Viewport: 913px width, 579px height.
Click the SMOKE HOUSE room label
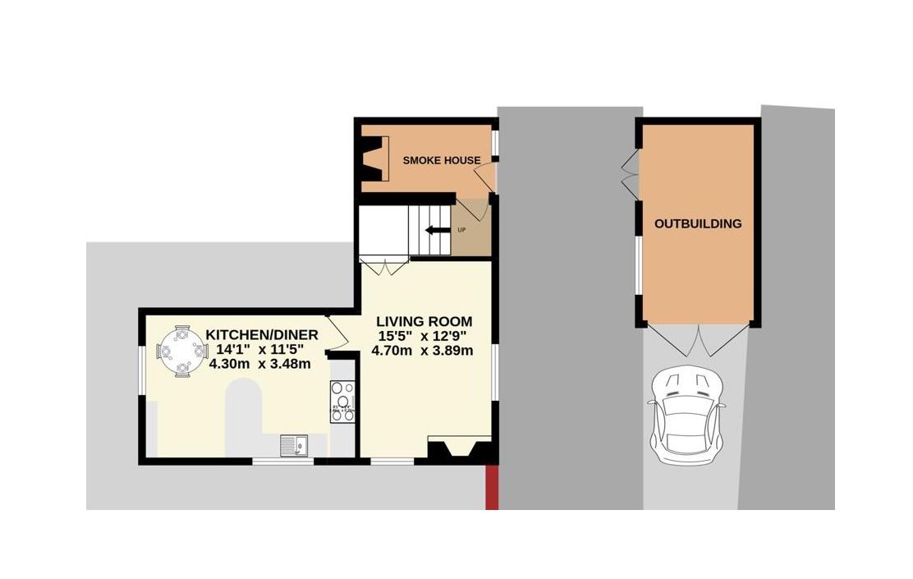(x=441, y=160)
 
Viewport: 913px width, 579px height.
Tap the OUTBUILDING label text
(x=697, y=223)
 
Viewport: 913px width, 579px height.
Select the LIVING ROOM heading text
(x=424, y=321)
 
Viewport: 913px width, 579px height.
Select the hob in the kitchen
(x=342, y=402)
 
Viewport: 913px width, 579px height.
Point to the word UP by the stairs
(x=461, y=230)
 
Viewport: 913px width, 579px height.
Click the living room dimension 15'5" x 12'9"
(x=424, y=336)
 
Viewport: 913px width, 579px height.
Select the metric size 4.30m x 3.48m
(x=259, y=364)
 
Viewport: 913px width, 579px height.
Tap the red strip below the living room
(x=492, y=488)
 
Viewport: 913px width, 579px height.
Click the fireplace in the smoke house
(x=374, y=159)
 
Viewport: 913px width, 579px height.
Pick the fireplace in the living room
(x=461, y=451)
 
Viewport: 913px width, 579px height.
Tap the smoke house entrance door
(x=486, y=176)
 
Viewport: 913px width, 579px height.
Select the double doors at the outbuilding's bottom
(x=697, y=339)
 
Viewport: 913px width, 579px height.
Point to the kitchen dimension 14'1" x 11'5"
(x=259, y=349)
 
